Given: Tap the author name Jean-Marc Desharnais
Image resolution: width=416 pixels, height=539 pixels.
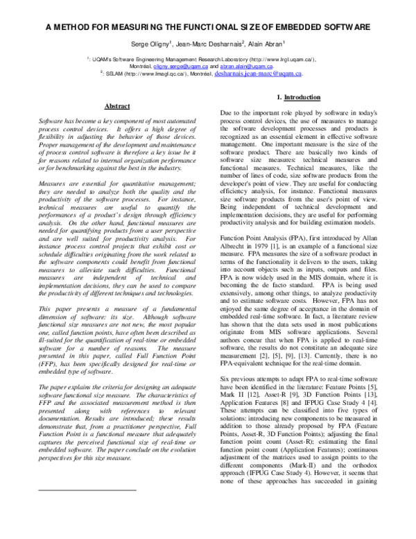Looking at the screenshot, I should click(211, 43).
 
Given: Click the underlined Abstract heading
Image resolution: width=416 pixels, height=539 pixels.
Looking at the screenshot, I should click(116, 106).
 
